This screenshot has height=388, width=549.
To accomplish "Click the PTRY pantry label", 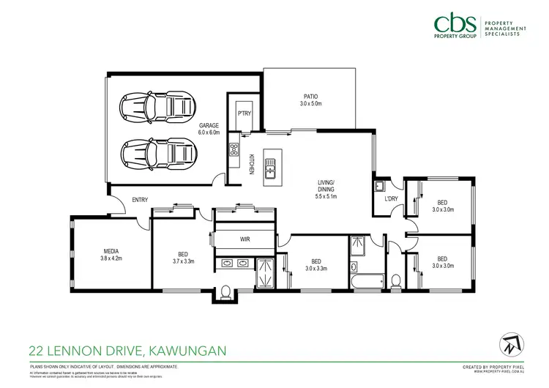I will (244, 113).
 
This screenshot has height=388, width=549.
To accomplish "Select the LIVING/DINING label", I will (325, 186).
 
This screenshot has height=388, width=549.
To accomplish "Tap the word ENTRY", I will (141, 199).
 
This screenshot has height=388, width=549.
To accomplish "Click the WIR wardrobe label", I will (245, 239).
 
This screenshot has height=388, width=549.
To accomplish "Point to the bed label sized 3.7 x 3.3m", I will (182, 258).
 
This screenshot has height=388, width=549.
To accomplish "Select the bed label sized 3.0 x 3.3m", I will (315, 264).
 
